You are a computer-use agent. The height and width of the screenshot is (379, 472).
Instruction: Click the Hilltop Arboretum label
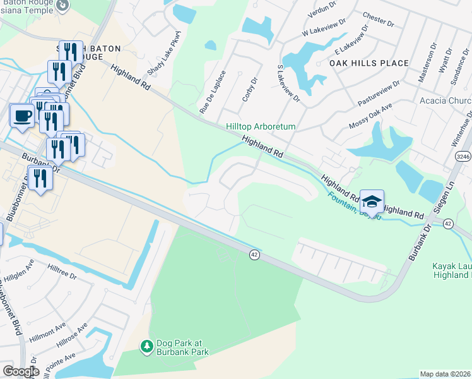coord(261,126)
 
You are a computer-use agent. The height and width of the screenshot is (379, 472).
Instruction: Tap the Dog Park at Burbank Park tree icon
coord(146,346)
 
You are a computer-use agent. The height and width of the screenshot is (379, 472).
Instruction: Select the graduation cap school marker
coord(372,202)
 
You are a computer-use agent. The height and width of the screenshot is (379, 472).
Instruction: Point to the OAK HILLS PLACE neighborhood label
coord(369,64)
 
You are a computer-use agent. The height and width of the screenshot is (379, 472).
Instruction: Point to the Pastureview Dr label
coord(379,93)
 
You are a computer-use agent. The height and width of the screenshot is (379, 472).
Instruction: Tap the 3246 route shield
coord(463,156)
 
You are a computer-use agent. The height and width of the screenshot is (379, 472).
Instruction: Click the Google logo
coord(20,371)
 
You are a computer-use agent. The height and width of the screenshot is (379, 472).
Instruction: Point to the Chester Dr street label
coord(378,20)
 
